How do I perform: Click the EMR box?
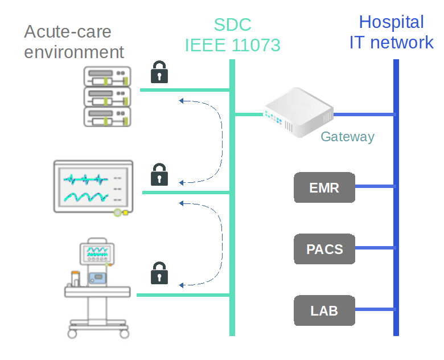pos(324,187)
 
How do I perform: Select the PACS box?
pos(324,249)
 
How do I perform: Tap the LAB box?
pos(324,310)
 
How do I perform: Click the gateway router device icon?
pos(297,112)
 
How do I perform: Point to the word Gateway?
pos(347,137)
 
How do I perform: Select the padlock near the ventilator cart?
pos(159,273)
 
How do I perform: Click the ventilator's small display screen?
pos(96,252)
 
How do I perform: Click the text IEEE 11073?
pos(232,44)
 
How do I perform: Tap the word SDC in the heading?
pos(232,24)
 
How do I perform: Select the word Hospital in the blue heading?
pos(391,22)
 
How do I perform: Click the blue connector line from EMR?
pos(374,186)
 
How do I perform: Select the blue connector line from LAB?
pos(374,310)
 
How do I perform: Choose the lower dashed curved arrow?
pos(219,242)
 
